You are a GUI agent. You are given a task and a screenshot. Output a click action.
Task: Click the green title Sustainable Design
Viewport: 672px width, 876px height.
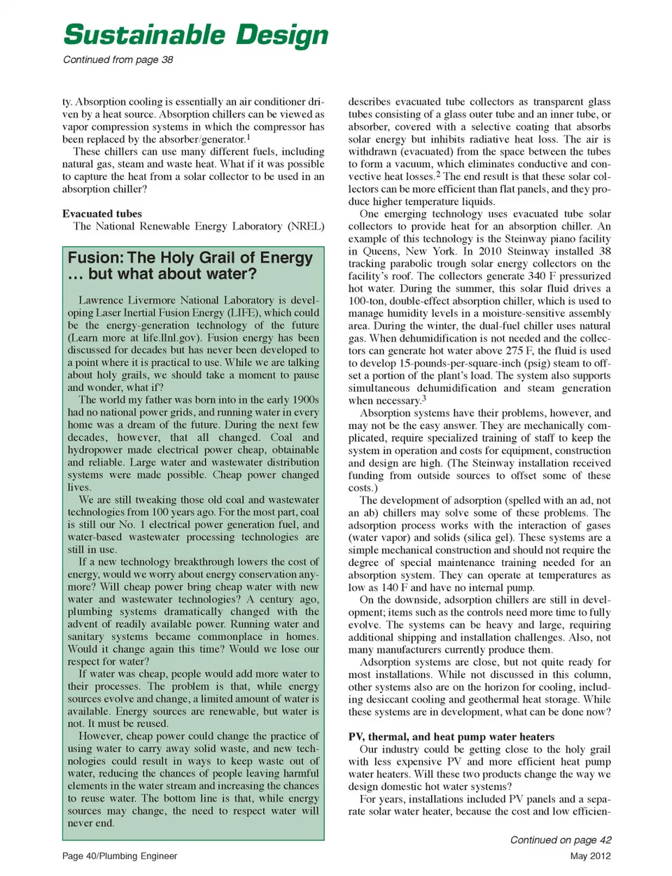[x=195, y=35]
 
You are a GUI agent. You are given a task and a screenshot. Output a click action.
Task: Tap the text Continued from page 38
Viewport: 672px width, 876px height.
[x=118, y=59]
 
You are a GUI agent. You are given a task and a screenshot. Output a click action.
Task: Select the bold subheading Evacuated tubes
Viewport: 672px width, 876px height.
[x=102, y=213]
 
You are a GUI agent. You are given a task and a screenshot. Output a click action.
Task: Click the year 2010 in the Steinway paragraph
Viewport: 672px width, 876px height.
[x=490, y=251]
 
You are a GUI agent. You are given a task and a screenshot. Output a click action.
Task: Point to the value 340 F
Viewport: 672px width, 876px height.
[x=538, y=276]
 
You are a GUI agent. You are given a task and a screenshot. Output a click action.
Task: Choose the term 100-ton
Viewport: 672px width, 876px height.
[x=367, y=301]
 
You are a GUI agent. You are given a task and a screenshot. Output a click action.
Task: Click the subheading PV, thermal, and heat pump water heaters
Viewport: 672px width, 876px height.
[x=451, y=736]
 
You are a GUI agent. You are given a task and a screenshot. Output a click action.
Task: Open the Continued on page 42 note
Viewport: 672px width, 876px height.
[x=560, y=840]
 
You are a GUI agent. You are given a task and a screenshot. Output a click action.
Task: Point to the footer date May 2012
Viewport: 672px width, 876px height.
[x=590, y=856]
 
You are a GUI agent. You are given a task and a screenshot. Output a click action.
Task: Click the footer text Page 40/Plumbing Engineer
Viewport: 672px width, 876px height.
[x=120, y=856]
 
